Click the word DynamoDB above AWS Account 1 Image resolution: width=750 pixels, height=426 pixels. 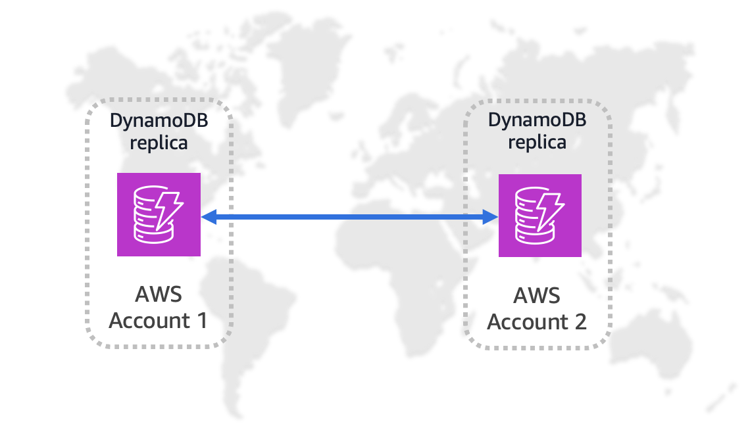tap(159, 122)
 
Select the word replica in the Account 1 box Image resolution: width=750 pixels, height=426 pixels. tap(159, 143)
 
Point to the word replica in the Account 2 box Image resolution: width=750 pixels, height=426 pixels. tap(537, 142)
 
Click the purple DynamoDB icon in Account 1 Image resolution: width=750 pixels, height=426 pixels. tap(159, 214)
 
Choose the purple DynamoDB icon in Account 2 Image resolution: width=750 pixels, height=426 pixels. tap(539, 216)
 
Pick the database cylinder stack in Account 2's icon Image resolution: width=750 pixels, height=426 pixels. tap(529, 217)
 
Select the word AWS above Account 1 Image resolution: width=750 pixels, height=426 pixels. tap(158, 294)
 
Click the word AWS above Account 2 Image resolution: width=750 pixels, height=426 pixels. tap(537, 295)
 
